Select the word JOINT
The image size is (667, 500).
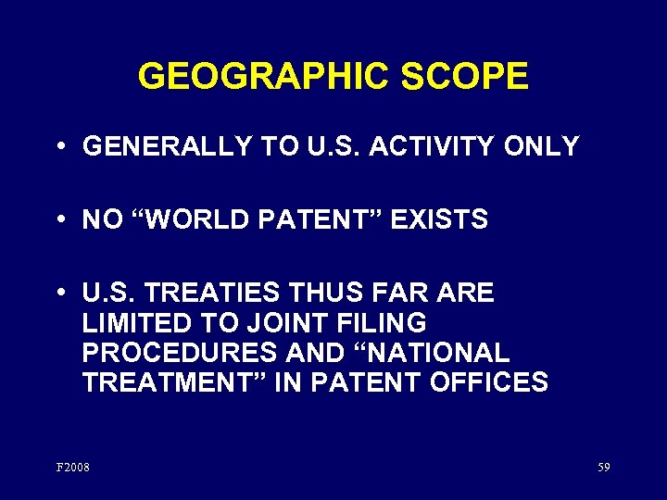277,323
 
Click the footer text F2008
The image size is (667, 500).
73,468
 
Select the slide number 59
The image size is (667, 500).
603,468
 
